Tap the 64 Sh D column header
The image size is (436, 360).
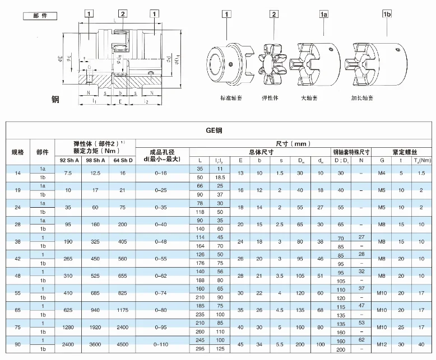(122, 160)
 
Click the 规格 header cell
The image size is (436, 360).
(18, 152)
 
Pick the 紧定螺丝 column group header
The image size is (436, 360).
(402, 152)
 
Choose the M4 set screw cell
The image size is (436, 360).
(382, 173)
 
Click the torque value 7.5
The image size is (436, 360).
(68, 173)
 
